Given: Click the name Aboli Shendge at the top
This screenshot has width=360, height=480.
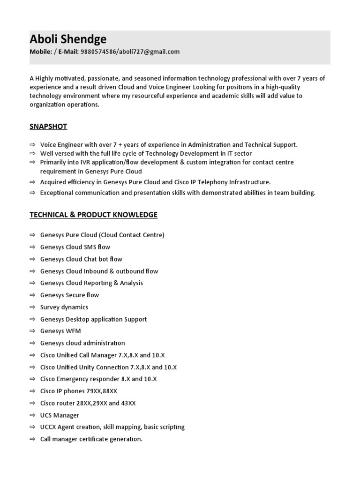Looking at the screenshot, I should tap(68, 39).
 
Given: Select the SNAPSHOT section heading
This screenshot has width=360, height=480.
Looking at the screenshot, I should tap(48, 127).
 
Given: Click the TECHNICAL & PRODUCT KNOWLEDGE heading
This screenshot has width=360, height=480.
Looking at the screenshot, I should tap(93, 215).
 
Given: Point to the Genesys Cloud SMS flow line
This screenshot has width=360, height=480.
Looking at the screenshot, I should tap(75, 247).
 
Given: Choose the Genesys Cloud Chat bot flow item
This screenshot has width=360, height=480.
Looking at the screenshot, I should tap(81, 259).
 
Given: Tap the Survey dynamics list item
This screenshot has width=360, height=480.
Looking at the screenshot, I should tap(64, 307).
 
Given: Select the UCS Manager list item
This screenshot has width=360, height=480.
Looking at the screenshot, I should tap(60, 415).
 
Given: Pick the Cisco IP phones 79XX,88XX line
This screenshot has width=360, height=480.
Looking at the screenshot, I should tap(79, 391).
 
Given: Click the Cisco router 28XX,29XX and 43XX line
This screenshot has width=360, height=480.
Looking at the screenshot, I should tap(88, 403).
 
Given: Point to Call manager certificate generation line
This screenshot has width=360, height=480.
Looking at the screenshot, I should tap(91, 439).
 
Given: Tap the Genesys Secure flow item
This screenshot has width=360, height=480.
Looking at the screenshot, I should tap(69, 295).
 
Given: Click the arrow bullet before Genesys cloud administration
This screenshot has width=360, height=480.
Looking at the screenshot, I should tap(32, 343).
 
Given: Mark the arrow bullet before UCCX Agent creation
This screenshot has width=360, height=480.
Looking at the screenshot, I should tap(32, 427).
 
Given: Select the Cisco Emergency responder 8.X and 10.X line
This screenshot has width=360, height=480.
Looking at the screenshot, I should tap(98, 379).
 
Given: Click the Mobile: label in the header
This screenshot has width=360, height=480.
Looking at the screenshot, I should tap(41, 52).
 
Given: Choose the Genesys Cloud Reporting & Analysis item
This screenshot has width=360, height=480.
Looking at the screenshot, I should tap(91, 283).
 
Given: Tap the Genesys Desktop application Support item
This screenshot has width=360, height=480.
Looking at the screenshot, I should tap(93, 319).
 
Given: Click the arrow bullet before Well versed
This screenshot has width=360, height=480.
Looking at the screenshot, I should tap(32, 154).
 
